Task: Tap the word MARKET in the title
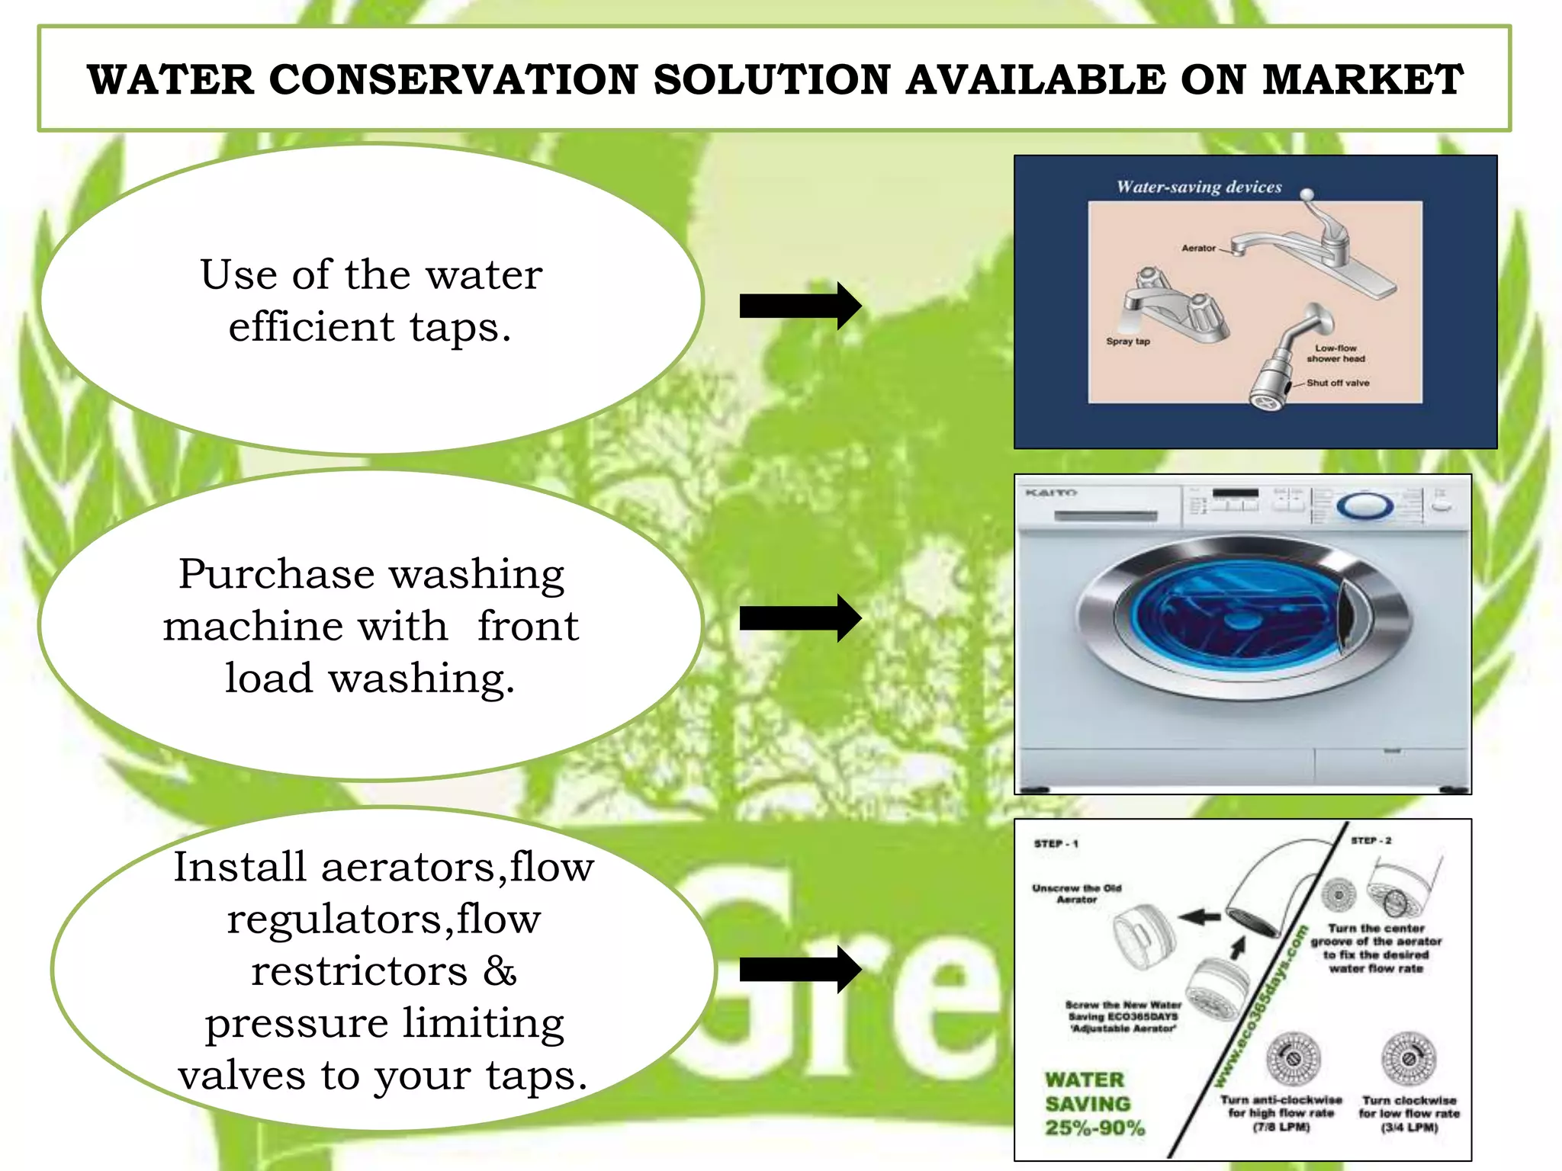pyautogui.click(x=1363, y=80)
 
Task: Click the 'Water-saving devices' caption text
pyautogui.click(x=1199, y=187)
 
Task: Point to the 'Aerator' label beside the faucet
pyautogui.click(x=1198, y=248)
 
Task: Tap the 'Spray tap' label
pyautogui.click(x=1127, y=342)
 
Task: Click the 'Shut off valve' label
pyautogui.click(x=1338, y=383)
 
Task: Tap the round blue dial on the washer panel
pyautogui.click(x=1364, y=506)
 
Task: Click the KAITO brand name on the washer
pyautogui.click(x=1050, y=493)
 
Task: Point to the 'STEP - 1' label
pyautogui.click(x=1056, y=844)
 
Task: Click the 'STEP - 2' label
pyautogui.click(x=1371, y=840)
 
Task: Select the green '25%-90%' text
pyautogui.click(x=1094, y=1128)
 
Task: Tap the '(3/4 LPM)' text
pyautogui.click(x=1409, y=1127)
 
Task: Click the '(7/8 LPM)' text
pyautogui.click(x=1281, y=1127)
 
